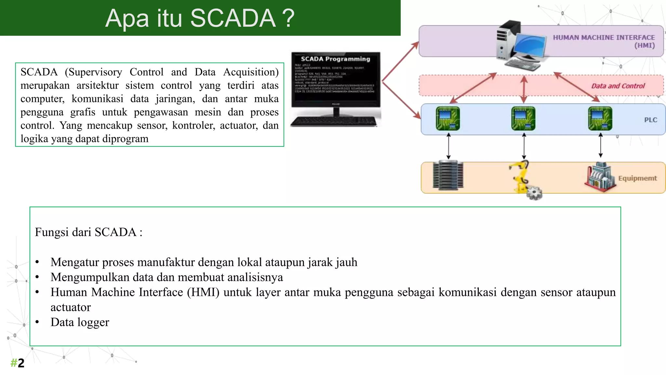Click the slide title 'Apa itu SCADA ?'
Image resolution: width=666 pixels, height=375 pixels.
tap(200, 18)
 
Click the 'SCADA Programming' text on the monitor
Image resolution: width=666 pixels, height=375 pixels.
tap(335, 59)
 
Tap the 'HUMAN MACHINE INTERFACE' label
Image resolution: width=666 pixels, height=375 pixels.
tap(604, 38)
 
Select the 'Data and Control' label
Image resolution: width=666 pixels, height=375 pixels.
tap(618, 86)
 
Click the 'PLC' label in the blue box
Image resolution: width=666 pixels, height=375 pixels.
tap(650, 120)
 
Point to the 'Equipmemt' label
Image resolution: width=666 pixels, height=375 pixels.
tap(637, 178)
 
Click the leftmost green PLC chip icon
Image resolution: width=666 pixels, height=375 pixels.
tap(448, 118)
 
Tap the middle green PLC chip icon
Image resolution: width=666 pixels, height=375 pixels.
tap(523, 118)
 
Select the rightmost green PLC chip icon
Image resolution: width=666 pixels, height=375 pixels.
tap(600, 118)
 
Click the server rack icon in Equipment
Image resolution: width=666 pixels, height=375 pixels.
tap(448, 175)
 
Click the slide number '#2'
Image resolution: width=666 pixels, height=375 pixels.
tap(17, 363)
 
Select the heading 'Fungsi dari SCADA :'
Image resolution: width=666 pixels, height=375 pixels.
tap(88, 232)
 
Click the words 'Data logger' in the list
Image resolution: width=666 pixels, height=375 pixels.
tap(80, 322)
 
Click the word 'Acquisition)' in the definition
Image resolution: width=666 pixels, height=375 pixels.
tap(251, 72)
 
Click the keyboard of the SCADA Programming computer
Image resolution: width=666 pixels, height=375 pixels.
tap(334, 122)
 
